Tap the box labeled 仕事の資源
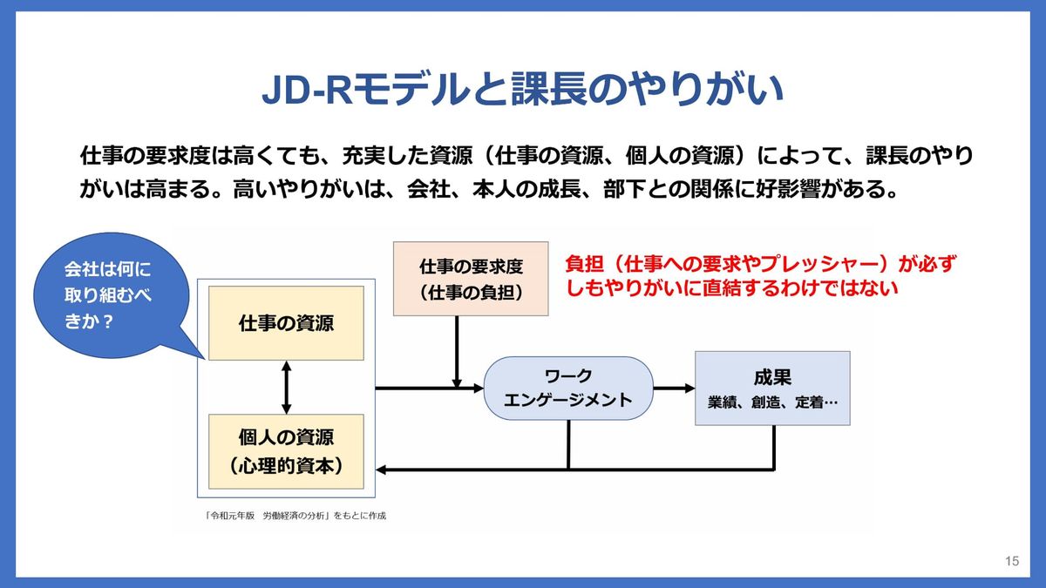(287, 323)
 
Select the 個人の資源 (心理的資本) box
(287, 450)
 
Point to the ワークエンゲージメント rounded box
(568, 389)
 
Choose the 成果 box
(772, 389)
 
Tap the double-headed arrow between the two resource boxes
(287, 387)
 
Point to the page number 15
(1012, 561)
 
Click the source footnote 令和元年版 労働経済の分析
(295, 515)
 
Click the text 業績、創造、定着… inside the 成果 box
(772, 404)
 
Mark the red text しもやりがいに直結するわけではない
(731, 287)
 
